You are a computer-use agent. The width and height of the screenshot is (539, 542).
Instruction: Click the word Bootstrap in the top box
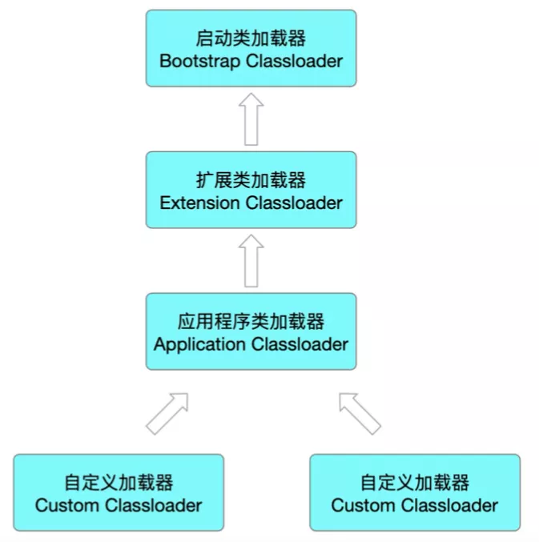click(198, 61)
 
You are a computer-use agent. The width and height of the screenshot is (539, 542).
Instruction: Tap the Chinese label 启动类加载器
click(251, 38)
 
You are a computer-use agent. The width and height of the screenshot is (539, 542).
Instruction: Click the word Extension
click(200, 203)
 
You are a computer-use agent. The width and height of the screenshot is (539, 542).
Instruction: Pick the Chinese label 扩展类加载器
click(251, 179)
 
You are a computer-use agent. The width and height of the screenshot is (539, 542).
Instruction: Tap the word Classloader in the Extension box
click(294, 203)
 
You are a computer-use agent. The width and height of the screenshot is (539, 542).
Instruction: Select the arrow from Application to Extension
click(251, 262)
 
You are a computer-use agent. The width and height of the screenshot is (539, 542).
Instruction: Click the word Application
click(199, 344)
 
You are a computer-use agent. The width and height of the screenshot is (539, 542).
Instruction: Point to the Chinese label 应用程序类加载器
click(251, 321)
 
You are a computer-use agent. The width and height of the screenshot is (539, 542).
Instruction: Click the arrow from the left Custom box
click(167, 413)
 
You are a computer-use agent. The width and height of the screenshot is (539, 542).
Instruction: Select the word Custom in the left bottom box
click(68, 505)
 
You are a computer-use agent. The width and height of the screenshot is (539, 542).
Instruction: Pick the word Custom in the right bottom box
click(364, 505)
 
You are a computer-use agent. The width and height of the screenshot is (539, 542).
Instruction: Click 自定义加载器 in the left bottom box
click(119, 483)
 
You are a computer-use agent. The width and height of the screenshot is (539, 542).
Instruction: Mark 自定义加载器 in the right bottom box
click(414, 483)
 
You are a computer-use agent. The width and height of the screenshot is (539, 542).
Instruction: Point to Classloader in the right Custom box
click(449, 505)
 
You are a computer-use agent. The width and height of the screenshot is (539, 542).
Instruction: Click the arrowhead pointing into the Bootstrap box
click(251, 100)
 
